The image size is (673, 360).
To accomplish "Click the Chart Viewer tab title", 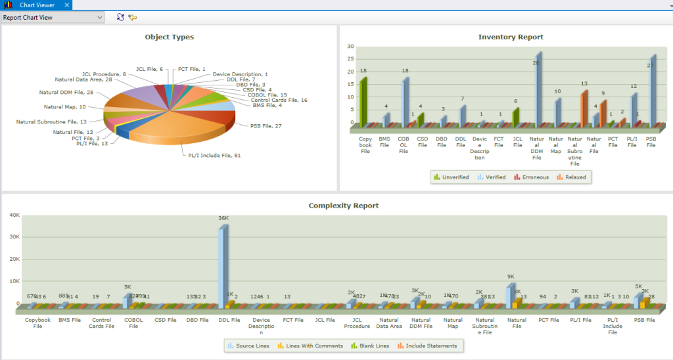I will pyautogui.click(x=35, y=5).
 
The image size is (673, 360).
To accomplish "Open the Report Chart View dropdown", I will pyautogui.click(x=99, y=18).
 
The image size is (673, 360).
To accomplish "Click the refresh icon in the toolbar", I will pyautogui.click(x=120, y=18).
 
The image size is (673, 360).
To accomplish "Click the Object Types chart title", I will pyautogui.click(x=169, y=37).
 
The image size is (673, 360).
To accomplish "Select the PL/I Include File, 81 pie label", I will pyautogui.click(x=210, y=155).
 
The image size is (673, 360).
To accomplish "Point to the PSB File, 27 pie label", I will pyautogui.click(x=266, y=125).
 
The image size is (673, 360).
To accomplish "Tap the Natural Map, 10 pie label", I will pyautogui.click(x=64, y=106).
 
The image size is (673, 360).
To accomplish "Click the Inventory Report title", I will pyautogui.click(x=511, y=37).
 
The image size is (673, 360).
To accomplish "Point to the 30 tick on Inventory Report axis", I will pyautogui.click(x=350, y=47).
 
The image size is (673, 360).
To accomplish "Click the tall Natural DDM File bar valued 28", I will pyautogui.click(x=538, y=92).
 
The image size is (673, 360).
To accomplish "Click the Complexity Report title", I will pyautogui.click(x=343, y=206).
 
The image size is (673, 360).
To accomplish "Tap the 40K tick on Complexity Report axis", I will pyautogui.click(x=12, y=215).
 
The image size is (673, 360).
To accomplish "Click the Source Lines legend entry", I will pyautogui.click(x=248, y=346).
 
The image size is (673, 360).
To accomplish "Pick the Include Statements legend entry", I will pyautogui.click(x=430, y=346).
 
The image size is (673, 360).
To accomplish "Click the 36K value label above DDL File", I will pyautogui.click(x=223, y=219).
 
